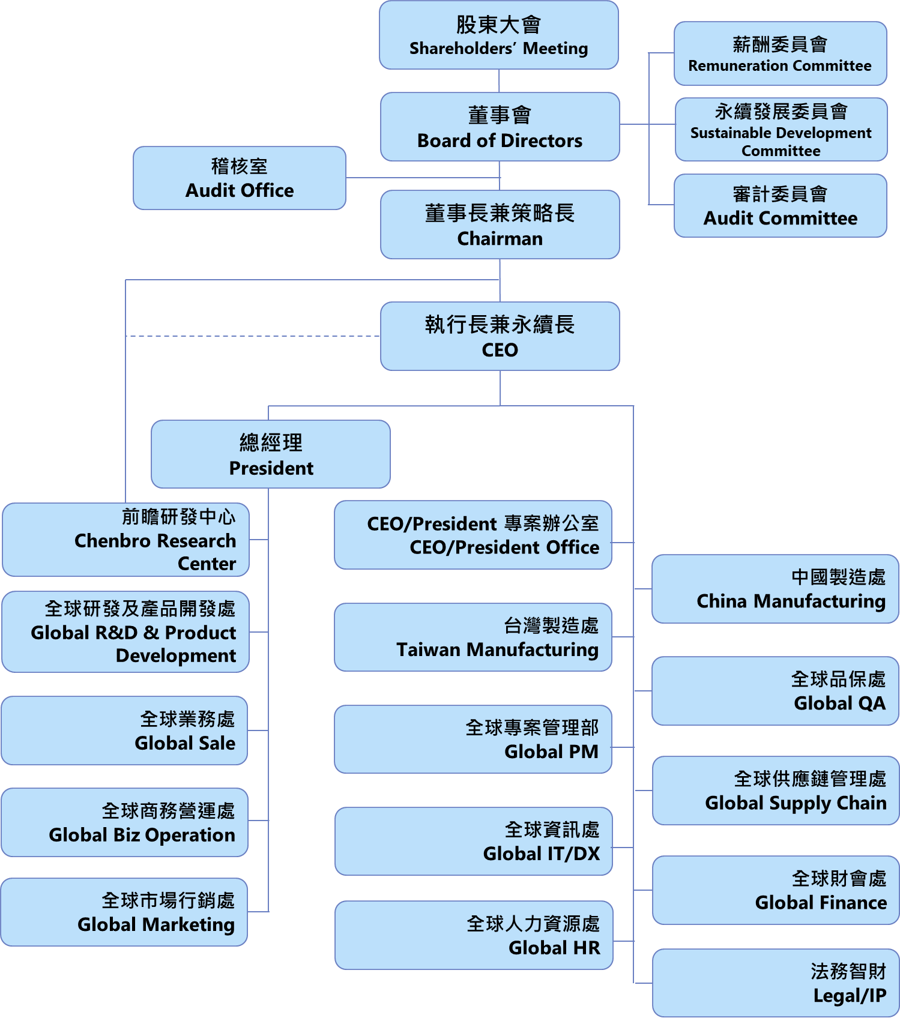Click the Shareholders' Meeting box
coord(498,35)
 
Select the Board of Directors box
coord(500,127)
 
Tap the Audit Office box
coord(239,178)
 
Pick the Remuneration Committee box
coord(780,53)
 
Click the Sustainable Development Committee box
coord(781,130)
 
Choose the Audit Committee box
coord(780,206)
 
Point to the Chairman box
coord(500,224)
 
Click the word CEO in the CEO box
coord(500,350)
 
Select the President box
coord(270,454)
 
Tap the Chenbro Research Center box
coord(125,540)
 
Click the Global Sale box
coord(124,730)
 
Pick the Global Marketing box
coord(124,912)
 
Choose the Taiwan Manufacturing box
coord(473,637)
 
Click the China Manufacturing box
coord(775,589)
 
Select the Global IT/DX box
coord(473,842)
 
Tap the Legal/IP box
coord(775,983)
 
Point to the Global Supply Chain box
coord(775,791)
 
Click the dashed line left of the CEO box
coord(252,336)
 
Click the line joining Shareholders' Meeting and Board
coord(499,81)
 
